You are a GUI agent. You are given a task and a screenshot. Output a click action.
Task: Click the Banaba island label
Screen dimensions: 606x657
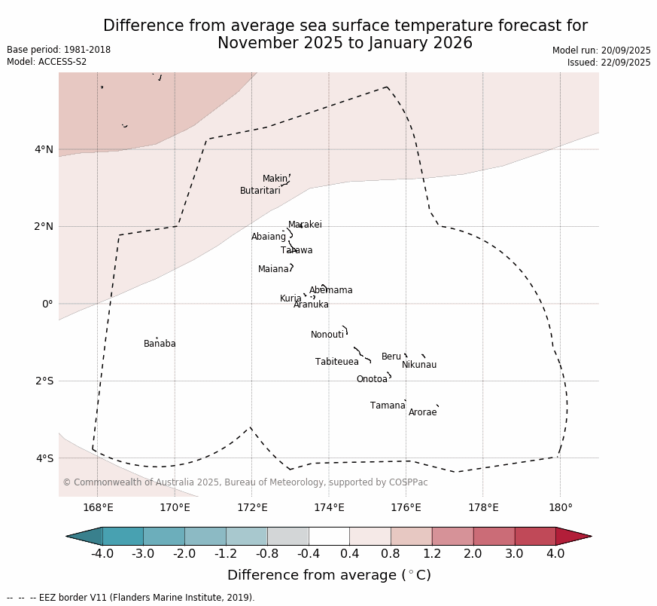pyautogui.click(x=160, y=344)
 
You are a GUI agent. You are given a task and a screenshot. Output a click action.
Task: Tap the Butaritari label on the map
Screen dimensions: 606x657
pyautogui.click(x=260, y=191)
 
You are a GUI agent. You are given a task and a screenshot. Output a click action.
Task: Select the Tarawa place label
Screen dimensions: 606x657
pyautogui.click(x=297, y=250)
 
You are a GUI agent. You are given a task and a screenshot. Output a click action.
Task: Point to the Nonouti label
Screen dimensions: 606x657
pyautogui.click(x=327, y=335)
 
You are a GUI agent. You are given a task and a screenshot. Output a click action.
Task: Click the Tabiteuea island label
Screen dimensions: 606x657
pyautogui.click(x=337, y=362)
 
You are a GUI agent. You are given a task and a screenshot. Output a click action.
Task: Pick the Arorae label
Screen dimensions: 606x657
pyautogui.click(x=422, y=412)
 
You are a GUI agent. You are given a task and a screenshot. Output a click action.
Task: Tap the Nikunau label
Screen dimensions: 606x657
pyautogui.click(x=419, y=365)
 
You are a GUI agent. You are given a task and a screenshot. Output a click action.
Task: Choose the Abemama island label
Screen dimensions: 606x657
pyautogui.click(x=331, y=290)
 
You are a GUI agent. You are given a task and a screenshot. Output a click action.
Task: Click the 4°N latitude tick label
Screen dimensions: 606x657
pyautogui.click(x=44, y=149)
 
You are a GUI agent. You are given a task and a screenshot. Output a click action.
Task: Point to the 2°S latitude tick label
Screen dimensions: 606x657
pyautogui.click(x=44, y=381)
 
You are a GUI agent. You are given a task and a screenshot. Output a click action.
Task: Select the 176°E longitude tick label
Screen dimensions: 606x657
pyautogui.click(x=406, y=507)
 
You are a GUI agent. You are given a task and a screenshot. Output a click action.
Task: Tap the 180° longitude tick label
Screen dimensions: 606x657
pyautogui.click(x=560, y=507)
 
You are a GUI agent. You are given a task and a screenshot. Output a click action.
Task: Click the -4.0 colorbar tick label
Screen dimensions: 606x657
pyautogui.click(x=102, y=554)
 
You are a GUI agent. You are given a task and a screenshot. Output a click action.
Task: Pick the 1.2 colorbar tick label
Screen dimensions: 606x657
pyautogui.click(x=432, y=554)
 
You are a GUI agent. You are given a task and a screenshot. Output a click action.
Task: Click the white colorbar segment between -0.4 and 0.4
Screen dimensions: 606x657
pyautogui.click(x=329, y=536)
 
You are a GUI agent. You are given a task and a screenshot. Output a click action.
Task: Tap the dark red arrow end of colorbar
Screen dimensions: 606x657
pyautogui.click(x=573, y=536)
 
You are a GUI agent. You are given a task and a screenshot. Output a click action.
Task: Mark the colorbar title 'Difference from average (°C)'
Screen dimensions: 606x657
pyautogui.click(x=329, y=575)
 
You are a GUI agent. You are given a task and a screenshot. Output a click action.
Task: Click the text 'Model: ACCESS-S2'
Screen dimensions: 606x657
pyautogui.click(x=47, y=62)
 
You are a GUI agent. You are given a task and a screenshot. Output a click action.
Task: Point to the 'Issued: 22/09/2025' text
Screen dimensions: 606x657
pyautogui.click(x=609, y=63)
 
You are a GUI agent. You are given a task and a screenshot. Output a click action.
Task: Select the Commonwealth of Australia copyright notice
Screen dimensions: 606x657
pyautogui.click(x=245, y=482)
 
